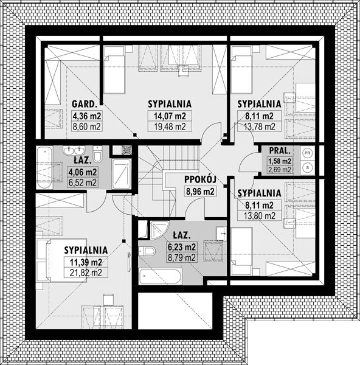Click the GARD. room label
85,104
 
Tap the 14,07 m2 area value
170,116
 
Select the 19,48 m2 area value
170,127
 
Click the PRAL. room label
280,151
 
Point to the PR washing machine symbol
308,153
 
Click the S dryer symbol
308,167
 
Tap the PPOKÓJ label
200,179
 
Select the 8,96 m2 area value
200,191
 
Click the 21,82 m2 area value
86,273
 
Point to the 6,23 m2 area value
182,247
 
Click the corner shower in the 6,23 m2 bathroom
159,230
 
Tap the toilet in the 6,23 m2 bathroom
147,251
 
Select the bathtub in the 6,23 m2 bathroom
160,276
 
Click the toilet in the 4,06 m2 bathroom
97,154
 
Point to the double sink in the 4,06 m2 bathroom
74,150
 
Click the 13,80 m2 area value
260,216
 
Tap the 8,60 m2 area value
86,127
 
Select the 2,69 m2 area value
280,170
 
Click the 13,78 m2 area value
260,127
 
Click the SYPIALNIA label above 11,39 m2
86,250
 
